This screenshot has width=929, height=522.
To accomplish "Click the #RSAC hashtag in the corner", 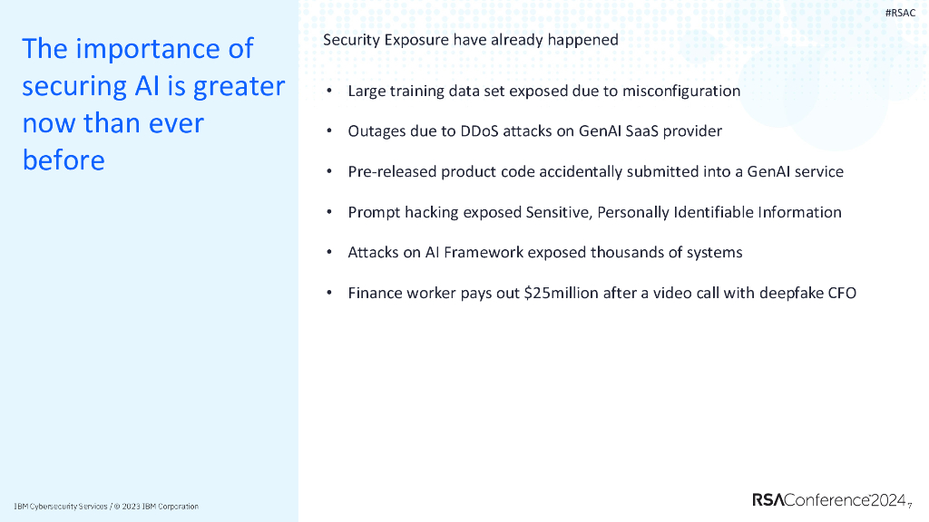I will tap(900, 13).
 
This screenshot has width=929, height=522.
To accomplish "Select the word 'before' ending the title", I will tap(64, 160).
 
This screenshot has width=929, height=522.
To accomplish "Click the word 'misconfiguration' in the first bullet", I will tap(681, 91).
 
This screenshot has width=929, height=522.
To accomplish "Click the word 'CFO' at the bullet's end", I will tap(841, 293).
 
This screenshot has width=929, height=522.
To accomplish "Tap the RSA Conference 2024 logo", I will tap(829, 499).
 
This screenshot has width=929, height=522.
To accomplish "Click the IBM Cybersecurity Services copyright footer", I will tap(106, 506).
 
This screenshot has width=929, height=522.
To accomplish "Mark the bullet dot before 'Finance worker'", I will tap(328, 293).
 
